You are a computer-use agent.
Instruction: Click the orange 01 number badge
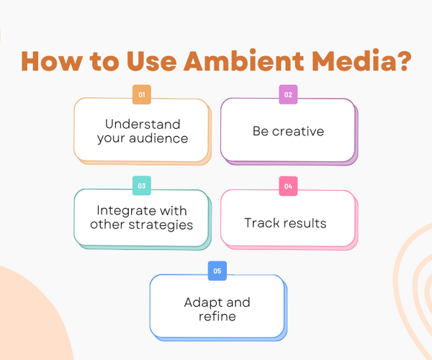(142, 94)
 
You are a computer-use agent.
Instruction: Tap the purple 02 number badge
(288, 94)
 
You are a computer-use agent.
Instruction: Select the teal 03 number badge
(142, 186)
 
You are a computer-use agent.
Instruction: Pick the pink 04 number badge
(288, 186)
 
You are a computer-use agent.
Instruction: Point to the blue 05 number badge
(217, 271)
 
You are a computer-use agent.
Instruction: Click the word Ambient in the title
(244, 60)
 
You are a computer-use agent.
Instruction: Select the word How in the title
(52, 61)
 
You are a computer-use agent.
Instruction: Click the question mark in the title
(402, 60)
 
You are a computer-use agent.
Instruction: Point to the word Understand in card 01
(143, 125)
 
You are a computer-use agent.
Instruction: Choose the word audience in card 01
(158, 138)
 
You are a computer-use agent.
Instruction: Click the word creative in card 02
(298, 131)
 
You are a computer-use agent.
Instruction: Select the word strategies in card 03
(161, 225)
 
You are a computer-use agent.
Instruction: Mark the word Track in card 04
(261, 222)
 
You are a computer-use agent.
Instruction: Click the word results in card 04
(303, 222)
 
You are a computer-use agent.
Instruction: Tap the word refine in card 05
(217, 316)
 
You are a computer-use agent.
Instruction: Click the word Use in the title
(151, 61)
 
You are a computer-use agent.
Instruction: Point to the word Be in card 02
(261, 131)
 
